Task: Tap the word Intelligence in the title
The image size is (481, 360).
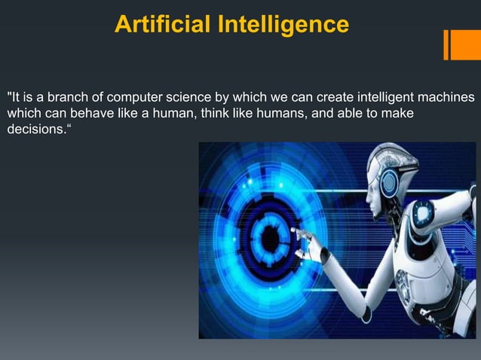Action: (283, 25)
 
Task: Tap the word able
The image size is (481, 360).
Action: (354, 114)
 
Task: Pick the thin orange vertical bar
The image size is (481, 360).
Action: (446, 44)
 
